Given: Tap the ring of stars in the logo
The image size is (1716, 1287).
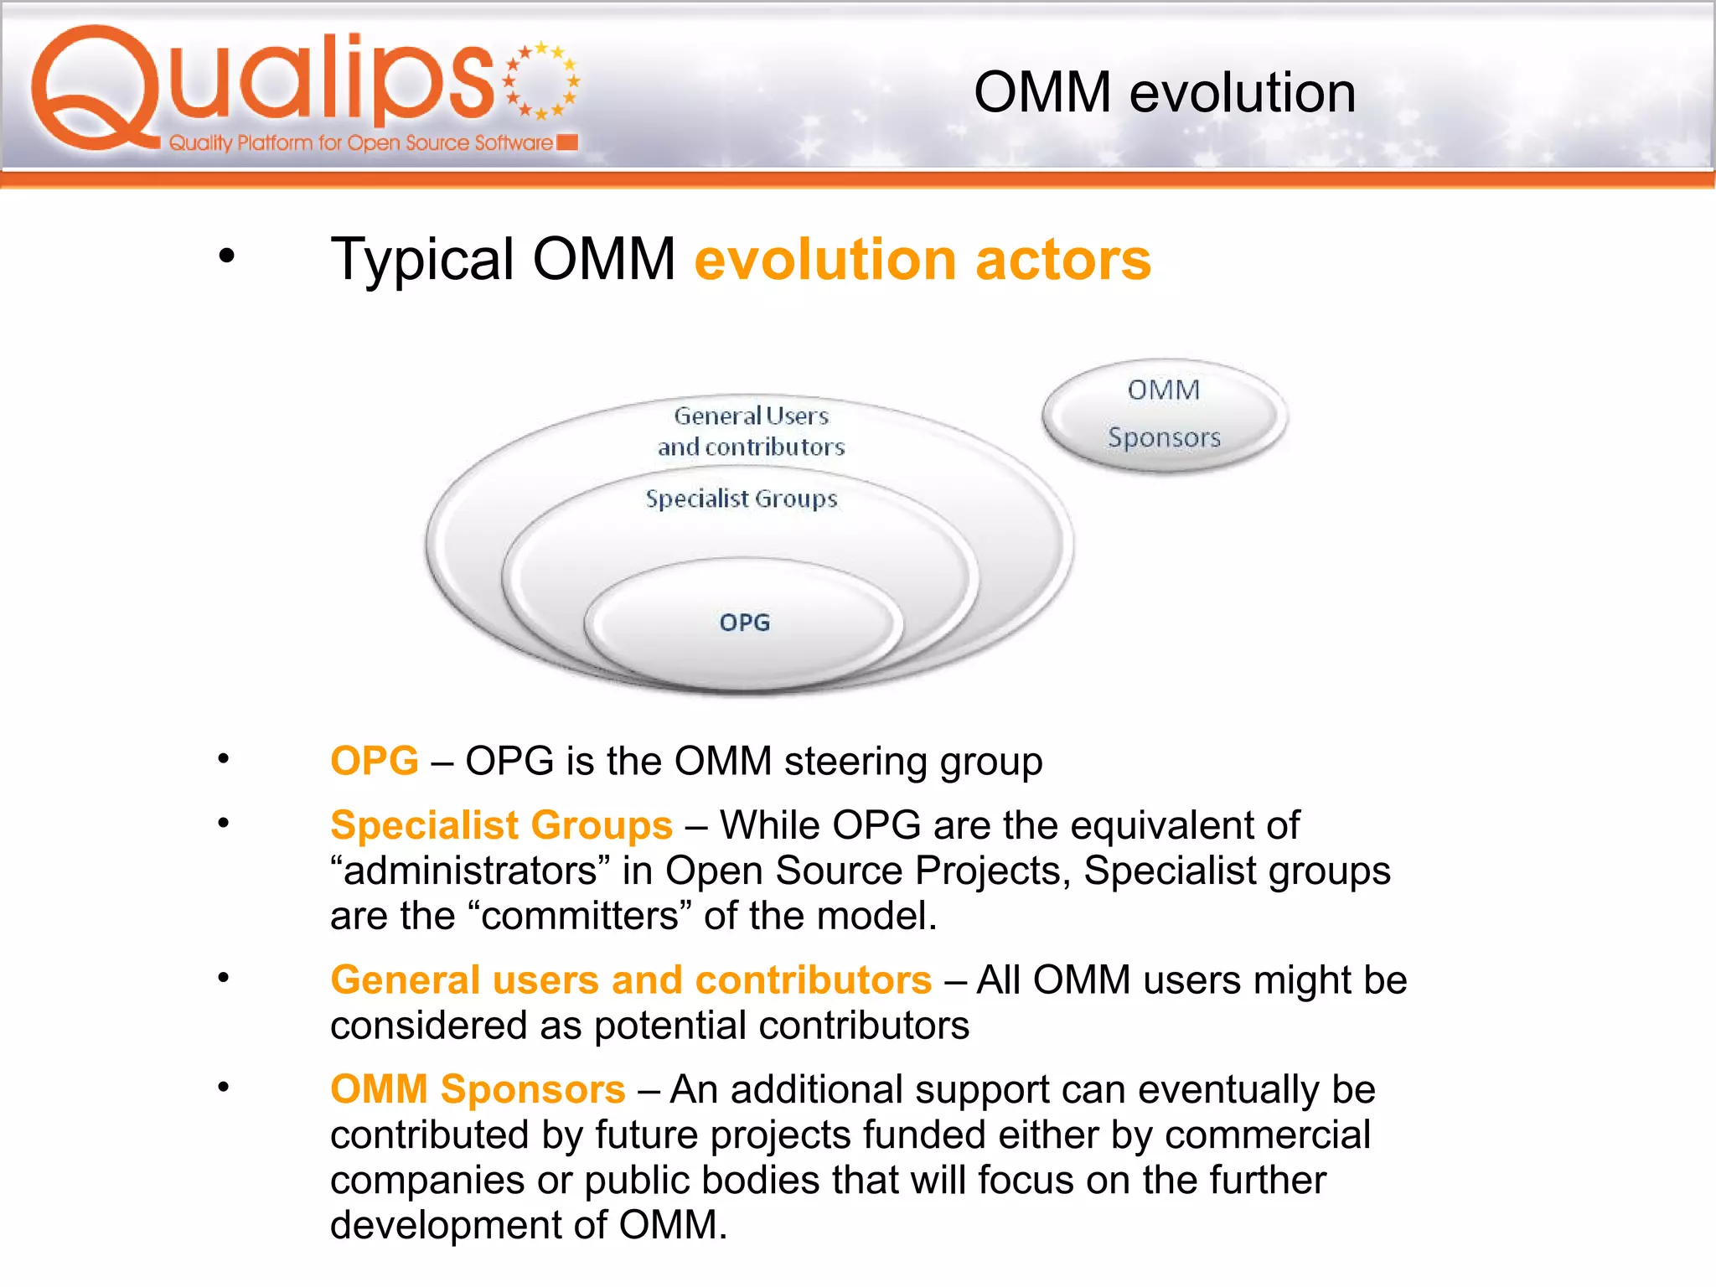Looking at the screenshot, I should click(x=541, y=80).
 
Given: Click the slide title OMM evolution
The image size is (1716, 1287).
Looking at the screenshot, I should click(x=1164, y=92).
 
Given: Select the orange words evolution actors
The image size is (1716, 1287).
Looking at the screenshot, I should click(x=923, y=260).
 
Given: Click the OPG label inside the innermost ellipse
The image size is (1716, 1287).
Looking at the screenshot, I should click(x=744, y=623).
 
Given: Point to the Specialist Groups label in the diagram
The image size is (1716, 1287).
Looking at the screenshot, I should click(x=741, y=499).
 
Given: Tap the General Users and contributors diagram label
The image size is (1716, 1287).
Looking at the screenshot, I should click(x=751, y=431).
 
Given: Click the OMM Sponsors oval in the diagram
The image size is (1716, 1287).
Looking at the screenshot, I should click(x=1164, y=415).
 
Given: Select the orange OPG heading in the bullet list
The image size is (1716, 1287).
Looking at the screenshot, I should click(x=374, y=761).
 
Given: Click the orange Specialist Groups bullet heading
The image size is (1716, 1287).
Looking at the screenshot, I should click(x=501, y=825).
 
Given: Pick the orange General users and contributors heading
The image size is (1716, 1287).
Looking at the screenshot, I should click(x=630, y=980).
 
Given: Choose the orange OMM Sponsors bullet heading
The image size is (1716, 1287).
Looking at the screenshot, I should click(x=478, y=1089).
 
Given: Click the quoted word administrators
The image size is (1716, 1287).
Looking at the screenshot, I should click(x=470, y=871).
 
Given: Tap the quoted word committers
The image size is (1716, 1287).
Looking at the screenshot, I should click(x=580, y=916).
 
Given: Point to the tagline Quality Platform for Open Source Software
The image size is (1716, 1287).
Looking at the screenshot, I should click(x=360, y=143).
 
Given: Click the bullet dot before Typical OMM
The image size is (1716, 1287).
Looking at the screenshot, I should click(x=226, y=256).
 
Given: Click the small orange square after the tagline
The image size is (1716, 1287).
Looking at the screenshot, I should click(x=567, y=142).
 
